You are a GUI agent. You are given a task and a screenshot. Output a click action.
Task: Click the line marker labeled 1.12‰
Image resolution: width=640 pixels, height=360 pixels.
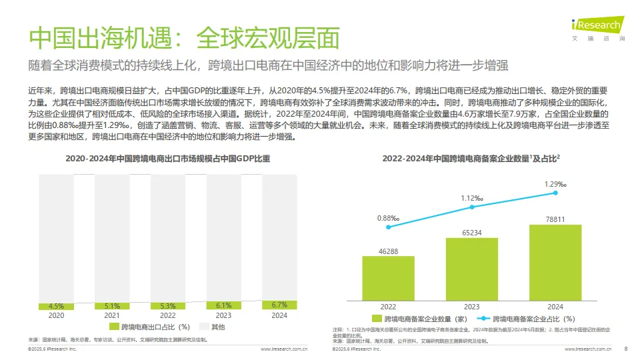(x=471, y=207)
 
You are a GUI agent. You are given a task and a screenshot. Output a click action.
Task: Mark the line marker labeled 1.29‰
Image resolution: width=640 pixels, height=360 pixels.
(x=555, y=193)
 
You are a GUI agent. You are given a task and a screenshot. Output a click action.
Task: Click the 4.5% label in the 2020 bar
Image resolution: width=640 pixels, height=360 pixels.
(x=57, y=307)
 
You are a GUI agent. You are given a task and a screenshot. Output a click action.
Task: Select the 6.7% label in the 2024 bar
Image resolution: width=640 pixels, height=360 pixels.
(x=279, y=305)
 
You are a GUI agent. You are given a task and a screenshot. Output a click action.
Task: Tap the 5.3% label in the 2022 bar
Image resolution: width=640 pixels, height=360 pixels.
(x=168, y=306)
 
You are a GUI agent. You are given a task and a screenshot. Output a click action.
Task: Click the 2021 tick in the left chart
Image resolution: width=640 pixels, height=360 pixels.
(x=112, y=315)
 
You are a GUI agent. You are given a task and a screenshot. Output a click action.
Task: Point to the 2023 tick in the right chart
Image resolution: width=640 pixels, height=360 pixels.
(x=471, y=307)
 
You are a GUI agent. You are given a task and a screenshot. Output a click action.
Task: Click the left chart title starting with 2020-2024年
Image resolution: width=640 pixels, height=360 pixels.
(x=168, y=159)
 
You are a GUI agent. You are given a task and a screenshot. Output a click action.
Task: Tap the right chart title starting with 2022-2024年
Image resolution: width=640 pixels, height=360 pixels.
(x=471, y=159)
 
